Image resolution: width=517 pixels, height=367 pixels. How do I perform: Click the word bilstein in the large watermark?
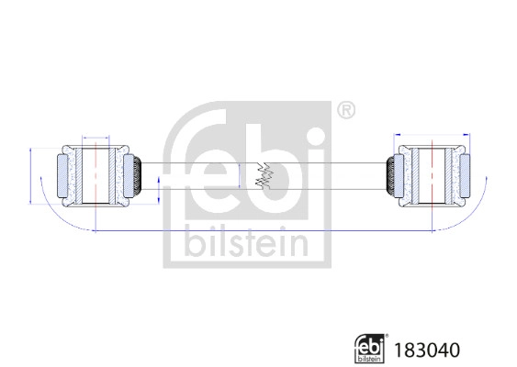coord(247,239)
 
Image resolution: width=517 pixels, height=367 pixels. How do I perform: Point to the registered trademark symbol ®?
coord(345,111)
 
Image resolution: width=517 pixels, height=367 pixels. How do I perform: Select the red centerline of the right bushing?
coord(429,174)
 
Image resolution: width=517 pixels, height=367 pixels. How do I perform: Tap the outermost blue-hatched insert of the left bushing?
coord(61,174)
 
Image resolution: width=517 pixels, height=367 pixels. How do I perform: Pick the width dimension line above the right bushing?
coord(429,135)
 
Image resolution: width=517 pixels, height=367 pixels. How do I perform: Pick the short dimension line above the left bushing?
coord(96,135)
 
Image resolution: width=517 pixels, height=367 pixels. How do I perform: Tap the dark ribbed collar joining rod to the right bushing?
coord(389,174)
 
